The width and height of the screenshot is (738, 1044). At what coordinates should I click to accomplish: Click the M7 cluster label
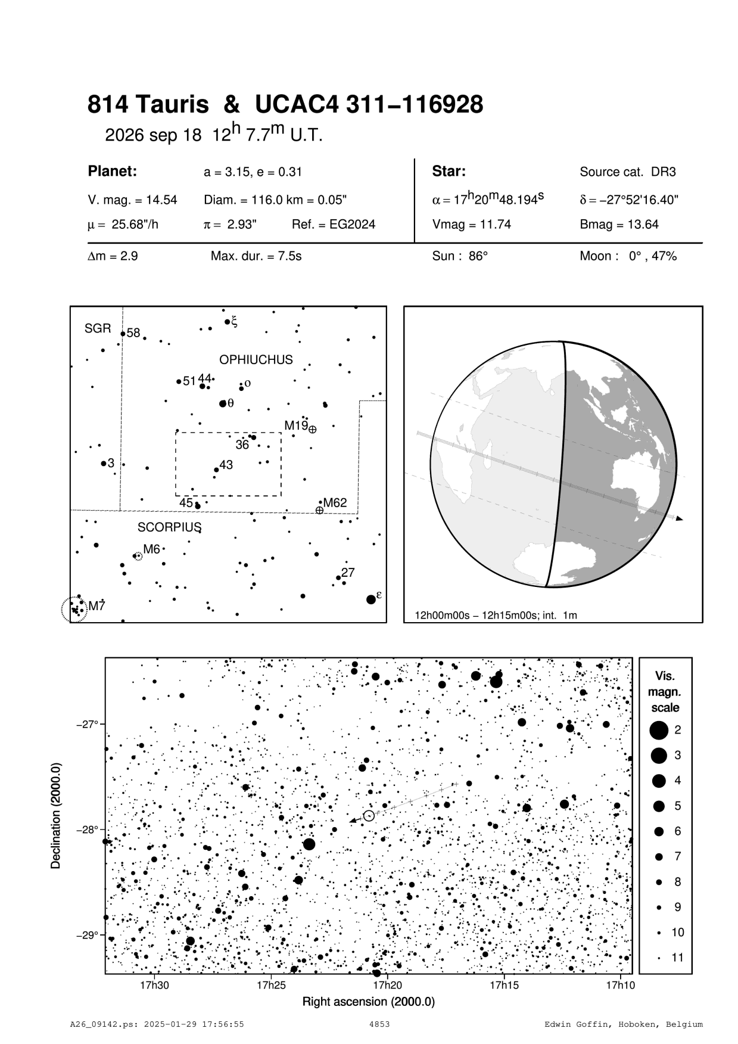click(97, 606)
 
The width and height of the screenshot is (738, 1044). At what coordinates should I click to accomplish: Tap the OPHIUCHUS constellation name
click(256, 360)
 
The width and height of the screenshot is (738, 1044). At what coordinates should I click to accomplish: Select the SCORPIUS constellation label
click(170, 527)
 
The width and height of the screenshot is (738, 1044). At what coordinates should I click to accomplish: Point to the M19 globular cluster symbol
click(313, 429)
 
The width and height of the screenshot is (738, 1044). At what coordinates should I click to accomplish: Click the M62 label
click(335, 503)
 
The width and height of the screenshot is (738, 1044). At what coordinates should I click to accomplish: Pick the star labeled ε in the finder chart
click(370, 599)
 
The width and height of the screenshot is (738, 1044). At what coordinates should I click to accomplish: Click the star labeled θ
click(223, 403)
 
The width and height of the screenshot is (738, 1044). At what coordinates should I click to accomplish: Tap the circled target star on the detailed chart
click(369, 816)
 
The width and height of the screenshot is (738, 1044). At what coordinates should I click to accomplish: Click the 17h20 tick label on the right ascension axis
click(387, 985)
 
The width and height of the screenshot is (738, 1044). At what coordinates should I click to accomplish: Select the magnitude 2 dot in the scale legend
click(659, 729)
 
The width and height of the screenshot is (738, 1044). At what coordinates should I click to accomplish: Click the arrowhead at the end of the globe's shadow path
click(680, 519)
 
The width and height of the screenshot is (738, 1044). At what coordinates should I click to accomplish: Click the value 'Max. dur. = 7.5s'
click(256, 256)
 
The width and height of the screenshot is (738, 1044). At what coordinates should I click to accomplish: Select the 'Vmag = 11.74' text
click(471, 225)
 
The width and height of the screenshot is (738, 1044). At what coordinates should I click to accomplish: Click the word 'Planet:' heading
click(113, 172)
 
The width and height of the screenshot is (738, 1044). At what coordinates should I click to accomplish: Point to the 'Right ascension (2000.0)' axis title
click(369, 1001)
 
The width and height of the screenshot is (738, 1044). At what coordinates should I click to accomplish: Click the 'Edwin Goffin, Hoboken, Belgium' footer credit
click(624, 1024)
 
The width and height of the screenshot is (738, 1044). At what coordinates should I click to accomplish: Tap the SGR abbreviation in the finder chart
click(98, 328)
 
